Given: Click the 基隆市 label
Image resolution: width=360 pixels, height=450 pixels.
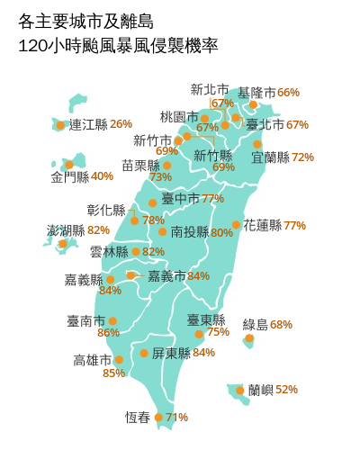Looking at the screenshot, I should [256, 93].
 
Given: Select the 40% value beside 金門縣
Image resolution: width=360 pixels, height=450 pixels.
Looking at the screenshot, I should [103, 176].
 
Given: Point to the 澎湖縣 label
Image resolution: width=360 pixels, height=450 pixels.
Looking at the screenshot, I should [66, 230].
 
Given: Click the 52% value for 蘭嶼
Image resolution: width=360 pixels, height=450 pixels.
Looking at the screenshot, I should [287, 390].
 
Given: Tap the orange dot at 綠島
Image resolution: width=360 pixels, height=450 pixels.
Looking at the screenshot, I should [249, 340].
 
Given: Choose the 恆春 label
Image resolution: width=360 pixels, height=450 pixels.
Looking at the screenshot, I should [138, 417].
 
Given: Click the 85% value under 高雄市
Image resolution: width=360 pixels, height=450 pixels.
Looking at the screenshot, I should [114, 373].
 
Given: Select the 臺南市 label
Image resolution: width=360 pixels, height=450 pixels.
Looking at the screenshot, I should [85, 320].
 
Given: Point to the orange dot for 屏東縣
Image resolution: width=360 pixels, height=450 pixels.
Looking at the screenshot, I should [144, 353].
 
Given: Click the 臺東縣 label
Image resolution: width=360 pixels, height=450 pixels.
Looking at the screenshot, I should [205, 319].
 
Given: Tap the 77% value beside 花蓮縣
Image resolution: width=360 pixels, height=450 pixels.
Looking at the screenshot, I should [295, 225].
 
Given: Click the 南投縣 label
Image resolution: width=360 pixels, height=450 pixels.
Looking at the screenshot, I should [189, 232].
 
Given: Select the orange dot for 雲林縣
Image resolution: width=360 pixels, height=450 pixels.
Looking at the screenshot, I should [136, 252].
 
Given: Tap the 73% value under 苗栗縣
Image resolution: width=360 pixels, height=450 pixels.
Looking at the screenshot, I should [161, 177].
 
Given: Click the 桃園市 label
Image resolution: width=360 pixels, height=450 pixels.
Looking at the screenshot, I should [178, 117].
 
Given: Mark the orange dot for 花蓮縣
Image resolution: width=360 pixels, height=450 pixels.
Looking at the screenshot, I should [236, 225].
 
